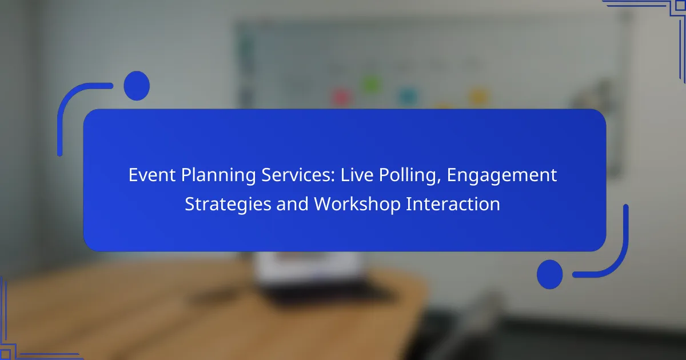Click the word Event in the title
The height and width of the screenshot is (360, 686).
(152, 175)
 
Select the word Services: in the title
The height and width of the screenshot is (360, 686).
(298, 175)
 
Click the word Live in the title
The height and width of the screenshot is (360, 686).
(357, 175)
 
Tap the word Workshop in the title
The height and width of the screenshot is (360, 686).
(357, 204)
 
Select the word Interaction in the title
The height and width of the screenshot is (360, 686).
(453, 204)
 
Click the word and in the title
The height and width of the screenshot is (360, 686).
(293, 204)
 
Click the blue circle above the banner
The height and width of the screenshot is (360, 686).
(137, 86)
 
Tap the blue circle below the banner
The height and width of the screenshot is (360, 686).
(550, 274)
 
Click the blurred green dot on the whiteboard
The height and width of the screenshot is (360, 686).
(371, 84)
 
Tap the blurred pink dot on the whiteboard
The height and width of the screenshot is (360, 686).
(342, 98)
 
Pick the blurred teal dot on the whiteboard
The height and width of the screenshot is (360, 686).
(408, 97)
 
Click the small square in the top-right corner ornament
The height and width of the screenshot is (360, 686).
(680, 6)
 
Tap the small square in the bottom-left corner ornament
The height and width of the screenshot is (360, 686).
(5, 354)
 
